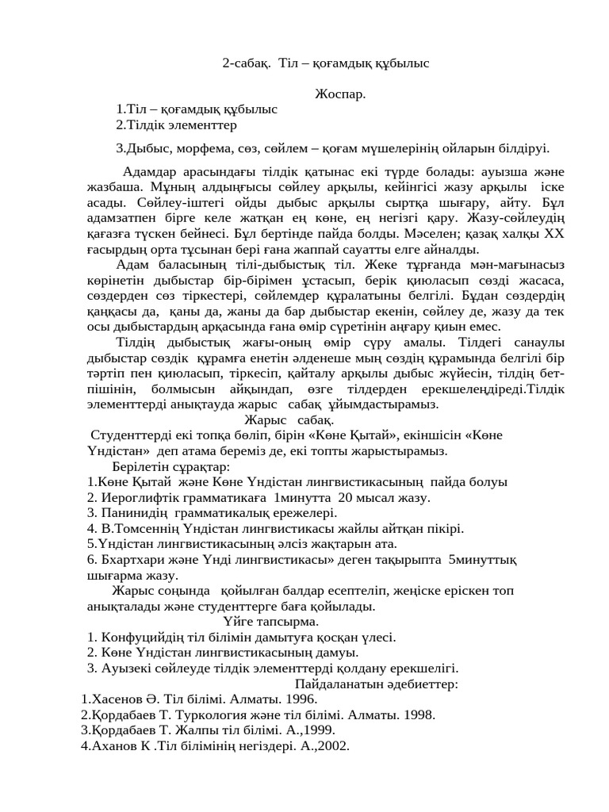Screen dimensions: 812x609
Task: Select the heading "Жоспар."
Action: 340,94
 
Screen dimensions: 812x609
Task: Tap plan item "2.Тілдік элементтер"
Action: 176,124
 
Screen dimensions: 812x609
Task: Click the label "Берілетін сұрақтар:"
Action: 170,466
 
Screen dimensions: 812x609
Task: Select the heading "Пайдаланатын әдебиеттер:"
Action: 376,684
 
